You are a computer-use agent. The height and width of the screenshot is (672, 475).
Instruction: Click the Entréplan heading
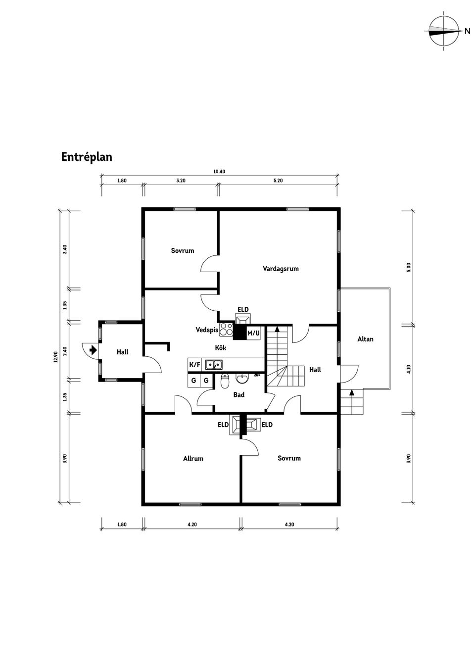87,157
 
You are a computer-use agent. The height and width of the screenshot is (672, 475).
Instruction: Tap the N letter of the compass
467,31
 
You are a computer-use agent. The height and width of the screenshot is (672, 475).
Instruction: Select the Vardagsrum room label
281,269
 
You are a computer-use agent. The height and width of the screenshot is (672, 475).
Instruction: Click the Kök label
220,348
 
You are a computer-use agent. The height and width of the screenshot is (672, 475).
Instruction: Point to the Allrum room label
193,458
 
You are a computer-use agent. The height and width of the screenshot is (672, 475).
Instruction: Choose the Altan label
365,339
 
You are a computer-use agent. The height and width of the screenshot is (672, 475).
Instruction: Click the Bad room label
239,395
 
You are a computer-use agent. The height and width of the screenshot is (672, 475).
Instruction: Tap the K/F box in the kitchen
194,365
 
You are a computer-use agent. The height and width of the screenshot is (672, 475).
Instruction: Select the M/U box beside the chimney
253,333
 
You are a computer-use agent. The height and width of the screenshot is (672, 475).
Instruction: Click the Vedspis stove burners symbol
227,329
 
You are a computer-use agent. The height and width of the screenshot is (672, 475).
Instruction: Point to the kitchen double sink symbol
214,365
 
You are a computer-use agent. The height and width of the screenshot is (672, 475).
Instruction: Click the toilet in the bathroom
224,381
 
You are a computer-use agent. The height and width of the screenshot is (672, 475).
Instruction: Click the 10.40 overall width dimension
219,172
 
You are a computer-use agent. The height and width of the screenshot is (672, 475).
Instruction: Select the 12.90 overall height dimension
56,357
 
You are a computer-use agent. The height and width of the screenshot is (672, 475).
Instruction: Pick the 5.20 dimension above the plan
278,181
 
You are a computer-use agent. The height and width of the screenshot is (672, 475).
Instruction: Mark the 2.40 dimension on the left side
65,351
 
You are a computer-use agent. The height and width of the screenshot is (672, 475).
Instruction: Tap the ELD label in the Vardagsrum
243,309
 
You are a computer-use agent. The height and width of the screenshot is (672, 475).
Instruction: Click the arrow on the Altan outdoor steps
352,392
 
